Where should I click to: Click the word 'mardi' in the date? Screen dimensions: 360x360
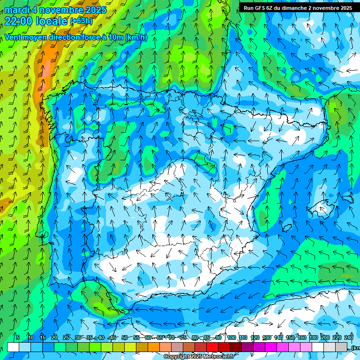(16, 9)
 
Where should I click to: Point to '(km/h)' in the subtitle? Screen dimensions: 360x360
(135, 37)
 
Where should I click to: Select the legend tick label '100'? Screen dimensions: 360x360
(231, 337)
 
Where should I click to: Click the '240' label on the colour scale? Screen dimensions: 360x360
(349, 337)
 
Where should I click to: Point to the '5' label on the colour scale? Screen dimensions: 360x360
(18, 337)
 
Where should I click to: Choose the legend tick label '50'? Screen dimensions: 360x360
(124, 337)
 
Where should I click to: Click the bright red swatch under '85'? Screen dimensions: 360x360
(212, 347)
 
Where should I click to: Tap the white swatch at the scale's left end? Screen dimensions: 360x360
(13, 347)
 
